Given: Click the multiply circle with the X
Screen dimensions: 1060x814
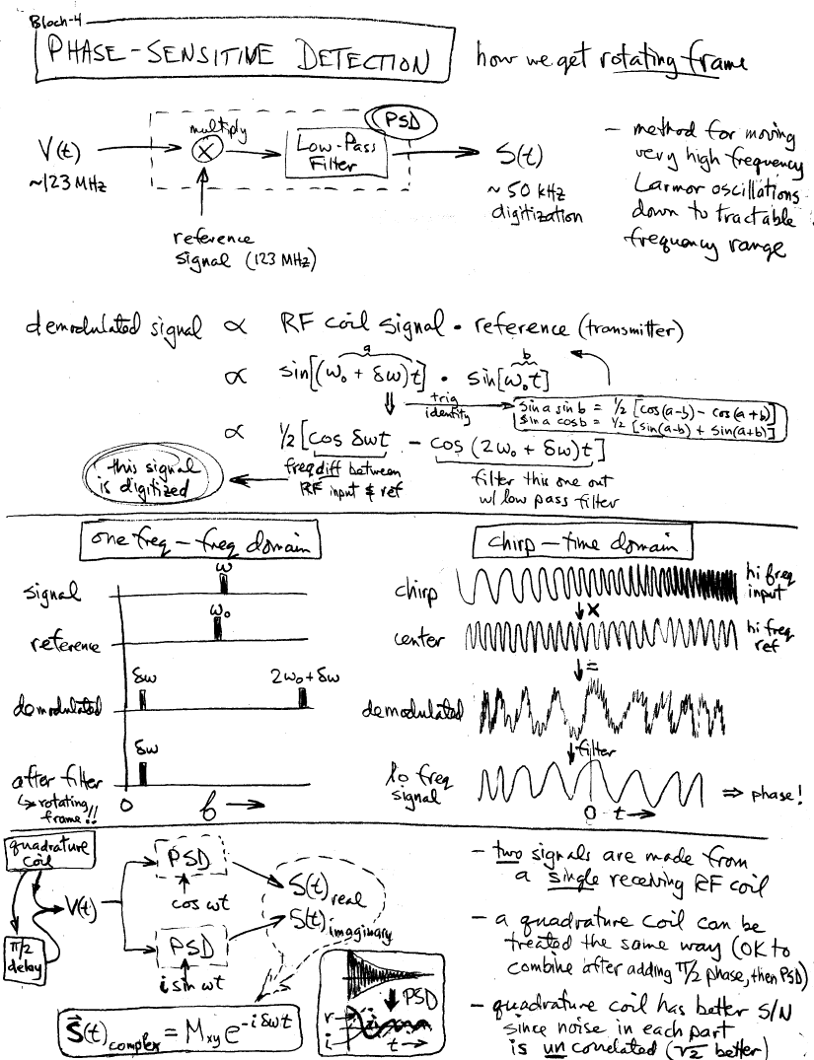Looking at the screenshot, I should [210, 151].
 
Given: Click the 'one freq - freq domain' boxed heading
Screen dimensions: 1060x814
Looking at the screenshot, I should [202, 542].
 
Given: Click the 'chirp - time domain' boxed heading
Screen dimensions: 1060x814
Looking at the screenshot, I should [581, 542].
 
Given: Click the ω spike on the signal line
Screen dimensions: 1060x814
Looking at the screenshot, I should [222, 585].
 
